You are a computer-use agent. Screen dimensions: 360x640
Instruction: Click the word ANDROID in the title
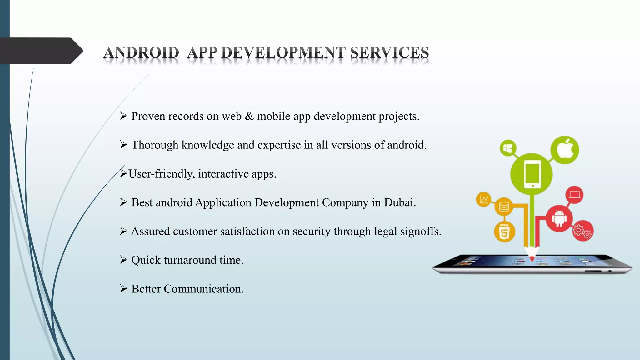point(141,52)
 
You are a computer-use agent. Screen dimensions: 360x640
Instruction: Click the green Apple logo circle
point(565,150)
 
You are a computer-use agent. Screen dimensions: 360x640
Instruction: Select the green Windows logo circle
point(508,148)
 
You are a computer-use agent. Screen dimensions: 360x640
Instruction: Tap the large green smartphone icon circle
point(532,174)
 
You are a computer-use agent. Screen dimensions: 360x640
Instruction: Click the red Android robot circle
point(559,218)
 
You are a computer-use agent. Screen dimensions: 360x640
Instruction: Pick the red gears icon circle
point(582,231)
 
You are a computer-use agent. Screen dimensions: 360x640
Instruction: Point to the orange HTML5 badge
point(504,232)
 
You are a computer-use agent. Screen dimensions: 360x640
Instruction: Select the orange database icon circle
point(504,207)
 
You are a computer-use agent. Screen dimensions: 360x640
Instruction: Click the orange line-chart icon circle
point(484,199)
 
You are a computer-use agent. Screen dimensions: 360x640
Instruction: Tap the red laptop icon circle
point(574,195)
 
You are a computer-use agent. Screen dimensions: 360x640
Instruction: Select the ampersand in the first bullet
point(249,116)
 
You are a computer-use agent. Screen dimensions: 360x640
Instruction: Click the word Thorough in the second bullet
point(155,145)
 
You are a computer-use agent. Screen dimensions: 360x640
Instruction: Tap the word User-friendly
point(162,174)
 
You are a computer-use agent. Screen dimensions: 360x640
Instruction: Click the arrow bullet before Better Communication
point(123,288)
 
